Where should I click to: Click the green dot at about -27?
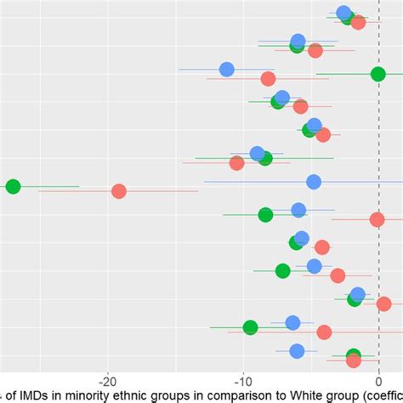pos(13,186)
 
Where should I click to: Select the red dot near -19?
pos(118,191)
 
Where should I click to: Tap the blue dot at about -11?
pos(226,70)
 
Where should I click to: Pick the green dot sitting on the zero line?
pos(377,75)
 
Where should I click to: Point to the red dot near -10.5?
pos(237,162)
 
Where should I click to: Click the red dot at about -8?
pos(269,79)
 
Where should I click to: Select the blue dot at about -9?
pos(257,153)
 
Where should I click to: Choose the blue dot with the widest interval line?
pos(314,182)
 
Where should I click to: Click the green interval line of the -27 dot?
pos(51,186)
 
